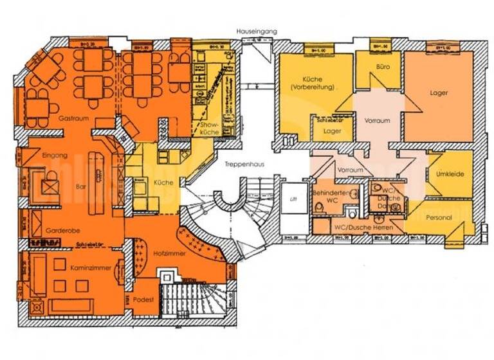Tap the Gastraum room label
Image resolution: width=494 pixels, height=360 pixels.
point(73,120)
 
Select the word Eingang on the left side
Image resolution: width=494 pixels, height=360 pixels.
point(55,156)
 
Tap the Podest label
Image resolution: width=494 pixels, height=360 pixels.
point(143,300)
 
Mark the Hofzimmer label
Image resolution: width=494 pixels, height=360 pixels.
point(170,254)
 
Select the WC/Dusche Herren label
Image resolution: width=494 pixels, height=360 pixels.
point(358,228)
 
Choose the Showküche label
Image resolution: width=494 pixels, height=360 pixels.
point(210,128)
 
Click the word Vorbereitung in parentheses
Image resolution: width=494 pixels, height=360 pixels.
point(313,86)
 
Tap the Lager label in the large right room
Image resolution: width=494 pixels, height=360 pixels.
point(439,93)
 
